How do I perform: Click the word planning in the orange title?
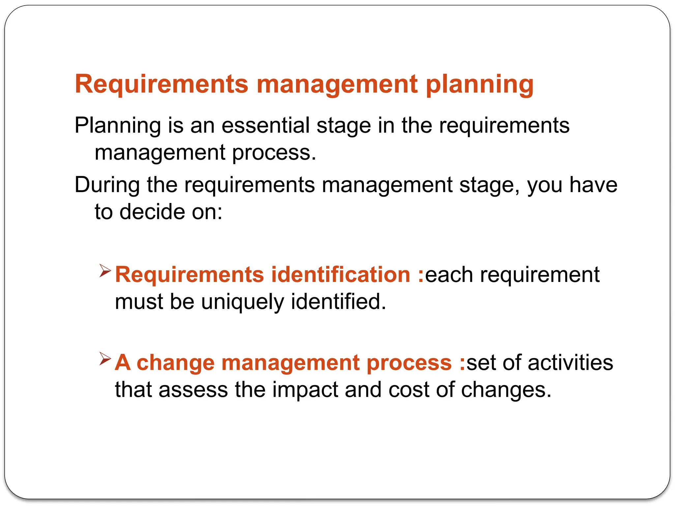(x=480, y=85)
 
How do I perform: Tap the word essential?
(x=265, y=126)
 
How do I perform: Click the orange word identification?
(x=340, y=274)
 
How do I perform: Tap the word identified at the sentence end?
(x=338, y=301)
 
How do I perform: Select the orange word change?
(x=175, y=363)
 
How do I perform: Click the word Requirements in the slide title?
(x=161, y=84)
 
